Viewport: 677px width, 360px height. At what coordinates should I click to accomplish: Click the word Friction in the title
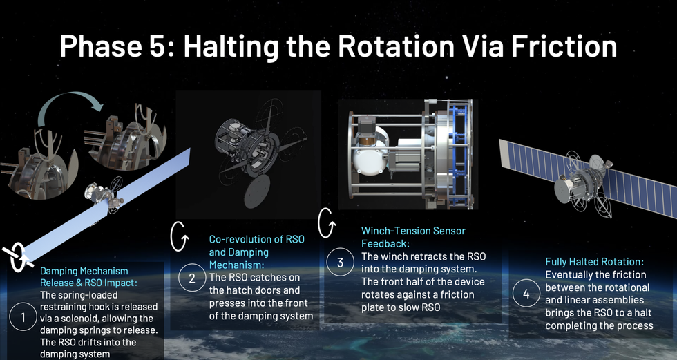(x=564, y=46)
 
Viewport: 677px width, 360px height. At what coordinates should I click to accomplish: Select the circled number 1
(x=22, y=318)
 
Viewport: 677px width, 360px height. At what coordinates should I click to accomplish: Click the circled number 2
(x=192, y=278)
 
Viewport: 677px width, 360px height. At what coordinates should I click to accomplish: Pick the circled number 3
(x=340, y=262)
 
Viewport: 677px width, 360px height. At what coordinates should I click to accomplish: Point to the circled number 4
(x=526, y=294)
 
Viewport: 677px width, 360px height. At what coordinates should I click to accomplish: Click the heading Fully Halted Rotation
(x=595, y=262)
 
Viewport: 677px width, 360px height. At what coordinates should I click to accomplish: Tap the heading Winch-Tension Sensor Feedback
(x=414, y=237)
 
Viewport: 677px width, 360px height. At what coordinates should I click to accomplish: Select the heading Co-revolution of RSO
(x=257, y=239)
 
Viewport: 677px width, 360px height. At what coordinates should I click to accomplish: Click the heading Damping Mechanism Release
(x=88, y=276)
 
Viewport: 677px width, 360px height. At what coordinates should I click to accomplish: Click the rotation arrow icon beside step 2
(x=179, y=236)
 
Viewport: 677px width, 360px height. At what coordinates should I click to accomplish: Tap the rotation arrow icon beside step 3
(x=326, y=222)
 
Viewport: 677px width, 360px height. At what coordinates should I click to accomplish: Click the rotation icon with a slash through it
(x=18, y=257)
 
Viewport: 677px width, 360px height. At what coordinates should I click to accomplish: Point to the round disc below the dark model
(x=257, y=191)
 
